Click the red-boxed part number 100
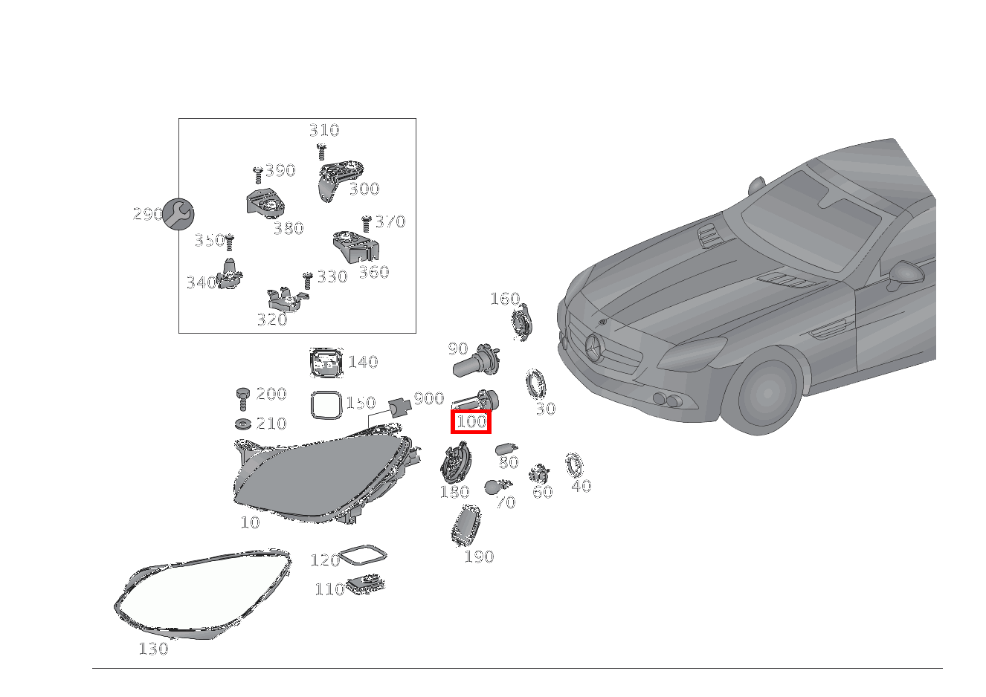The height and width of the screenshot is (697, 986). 471,422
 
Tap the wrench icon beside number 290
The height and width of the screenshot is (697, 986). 178,214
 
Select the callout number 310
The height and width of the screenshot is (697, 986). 324,131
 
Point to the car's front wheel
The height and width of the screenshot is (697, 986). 763,395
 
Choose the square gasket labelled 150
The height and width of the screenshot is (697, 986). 326,406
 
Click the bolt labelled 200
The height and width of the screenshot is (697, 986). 242,398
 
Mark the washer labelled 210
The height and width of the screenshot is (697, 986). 242,424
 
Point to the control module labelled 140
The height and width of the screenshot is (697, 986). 326,363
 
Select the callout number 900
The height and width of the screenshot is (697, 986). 429,399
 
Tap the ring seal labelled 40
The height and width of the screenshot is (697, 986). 574,466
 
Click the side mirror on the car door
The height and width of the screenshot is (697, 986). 906,274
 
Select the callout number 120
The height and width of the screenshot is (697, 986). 324,560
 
